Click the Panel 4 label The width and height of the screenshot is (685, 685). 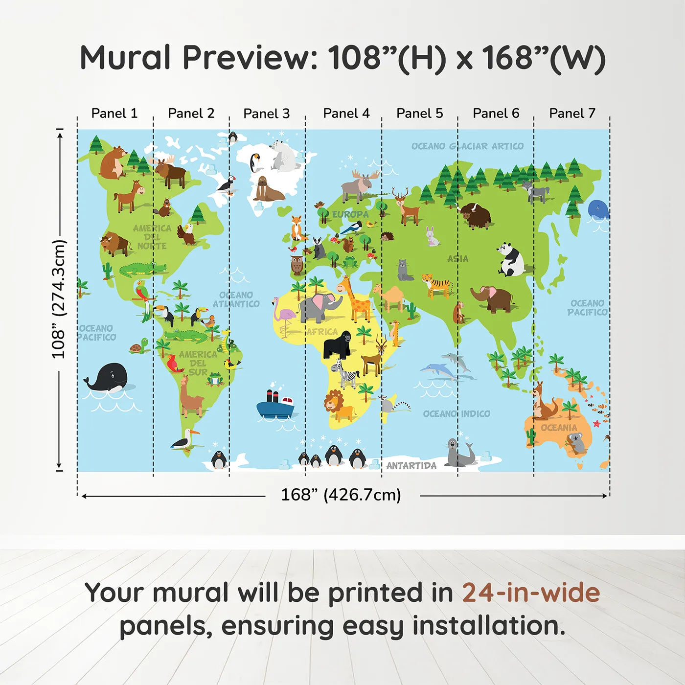tap(346, 114)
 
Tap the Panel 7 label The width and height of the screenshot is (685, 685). tap(571, 114)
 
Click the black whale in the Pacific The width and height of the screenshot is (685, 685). tap(109, 378)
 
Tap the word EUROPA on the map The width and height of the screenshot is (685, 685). tap(350, 214)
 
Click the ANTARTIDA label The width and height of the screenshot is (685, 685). tap(411, 465)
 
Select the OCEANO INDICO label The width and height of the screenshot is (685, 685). tap(456, 414)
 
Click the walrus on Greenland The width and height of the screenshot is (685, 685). tap(266, 190)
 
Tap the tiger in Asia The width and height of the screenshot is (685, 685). tap(436, 285)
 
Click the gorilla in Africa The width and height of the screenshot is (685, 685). tap(338, 344)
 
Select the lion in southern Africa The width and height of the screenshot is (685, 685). tap(338, 406)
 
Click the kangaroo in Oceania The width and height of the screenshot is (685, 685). tap(544, 402)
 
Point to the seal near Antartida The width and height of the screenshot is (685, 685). tap(459, 454)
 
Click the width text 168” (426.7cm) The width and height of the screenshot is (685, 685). tap(341, 495)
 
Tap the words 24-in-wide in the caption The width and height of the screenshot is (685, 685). tap(530, 593)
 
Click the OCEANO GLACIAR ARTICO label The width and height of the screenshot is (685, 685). tap(467, 146)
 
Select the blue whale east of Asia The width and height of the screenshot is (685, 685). tap(598, 210)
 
